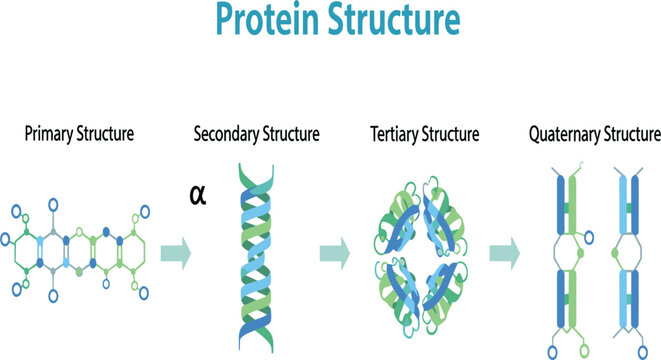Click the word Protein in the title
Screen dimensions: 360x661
(x=261, y=23)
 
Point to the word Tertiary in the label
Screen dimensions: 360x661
(x=397, y=134)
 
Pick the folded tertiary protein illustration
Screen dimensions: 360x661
(x=424, y=250)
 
